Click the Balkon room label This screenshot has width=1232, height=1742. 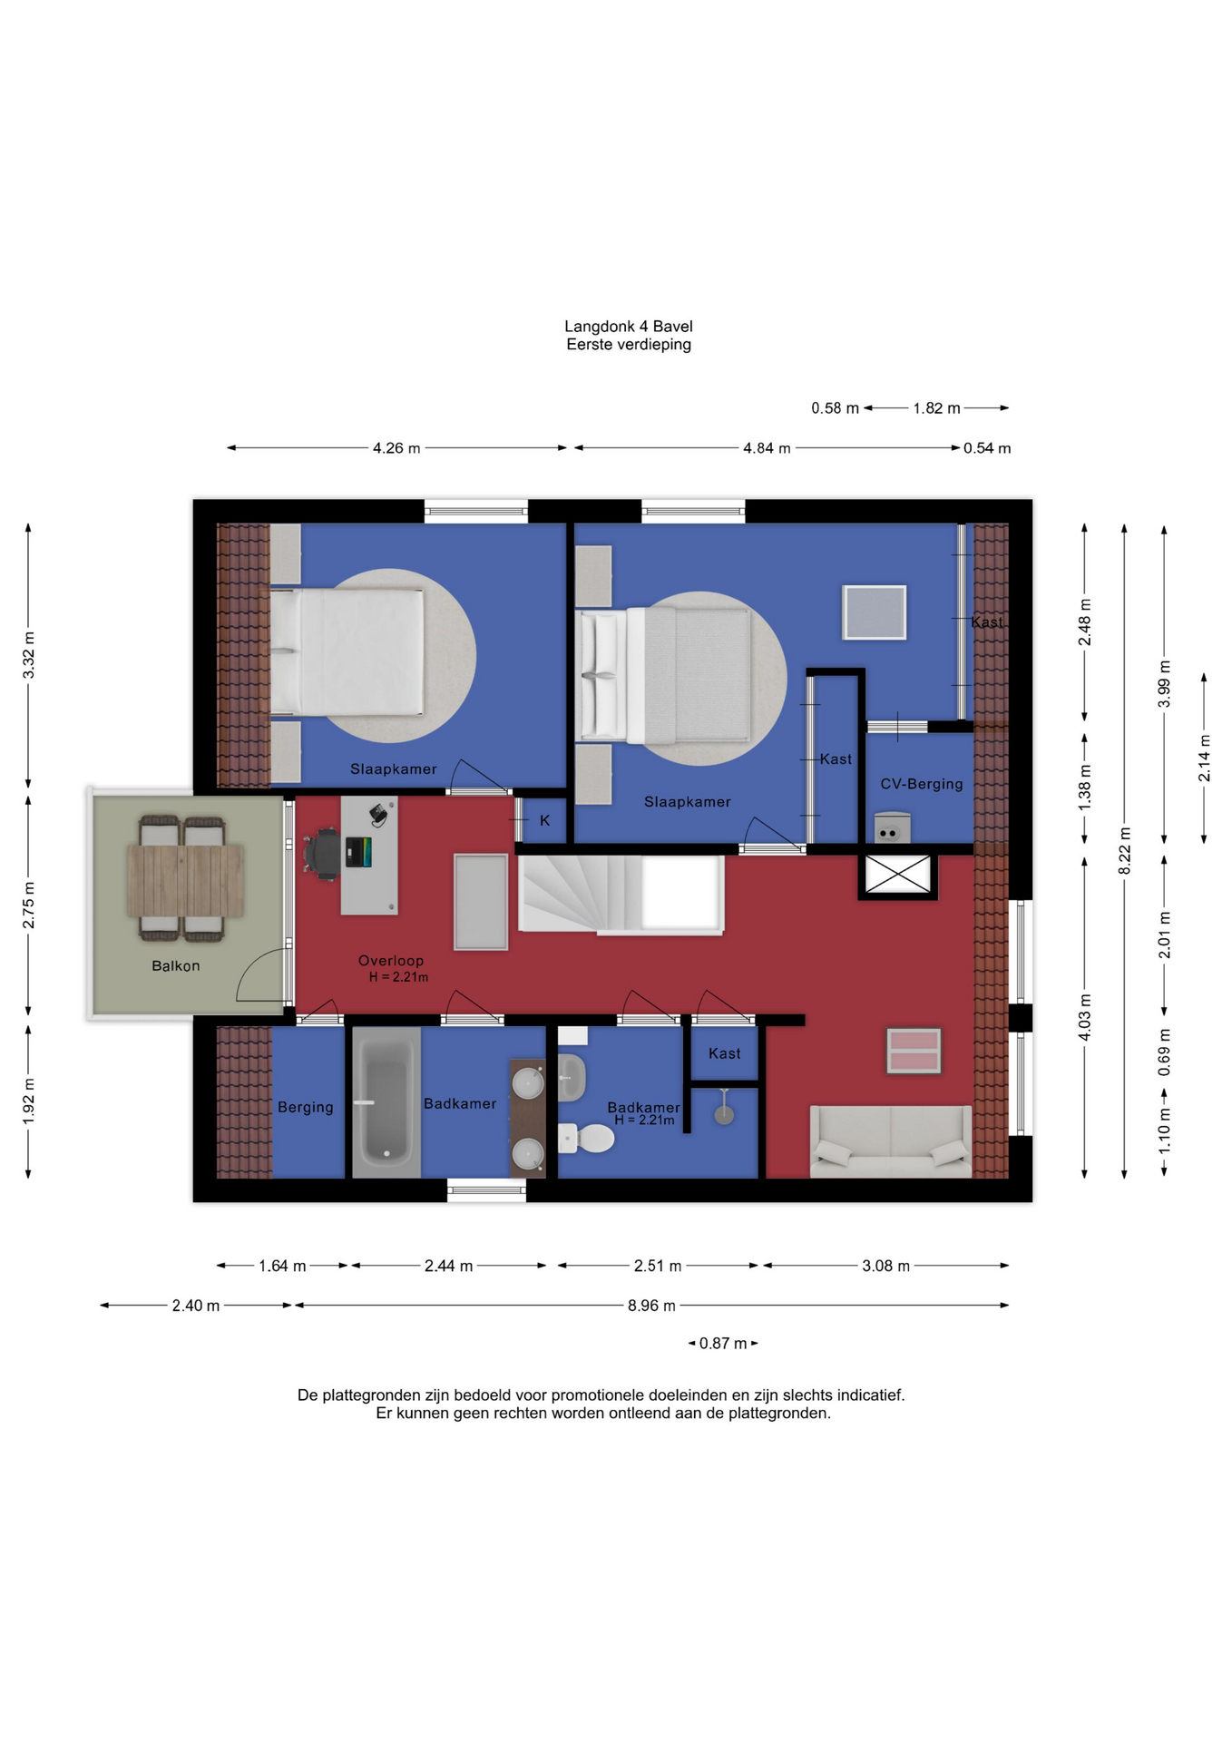[x=175, y=965]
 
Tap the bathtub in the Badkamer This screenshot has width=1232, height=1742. [x=386, y=1102]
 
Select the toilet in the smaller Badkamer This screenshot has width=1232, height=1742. [x=586, y=1137]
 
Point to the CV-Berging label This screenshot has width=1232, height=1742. [x=921, y=783]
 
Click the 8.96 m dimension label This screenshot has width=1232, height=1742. [x=651, y=1305]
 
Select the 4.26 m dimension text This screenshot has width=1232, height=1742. [x=396, y=447]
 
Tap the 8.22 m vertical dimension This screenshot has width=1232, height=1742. [x=1124, y=851]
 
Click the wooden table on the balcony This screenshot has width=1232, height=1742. [x=185, y=879]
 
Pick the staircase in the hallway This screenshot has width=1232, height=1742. [x=621, y=895]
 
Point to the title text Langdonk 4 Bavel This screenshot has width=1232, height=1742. [x=628, y=326]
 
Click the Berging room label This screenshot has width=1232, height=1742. [x=305, y=1107]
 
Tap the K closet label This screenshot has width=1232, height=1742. [x=544, y=820]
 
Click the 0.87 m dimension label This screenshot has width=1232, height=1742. [x=723, y=1343]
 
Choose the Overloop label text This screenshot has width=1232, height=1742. [x=390, y=960]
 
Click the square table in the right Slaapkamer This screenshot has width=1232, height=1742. [x=874, y=612]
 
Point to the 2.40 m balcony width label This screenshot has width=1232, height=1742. [x=196, y=1305]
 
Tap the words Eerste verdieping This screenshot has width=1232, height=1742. [x=628, y=344]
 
